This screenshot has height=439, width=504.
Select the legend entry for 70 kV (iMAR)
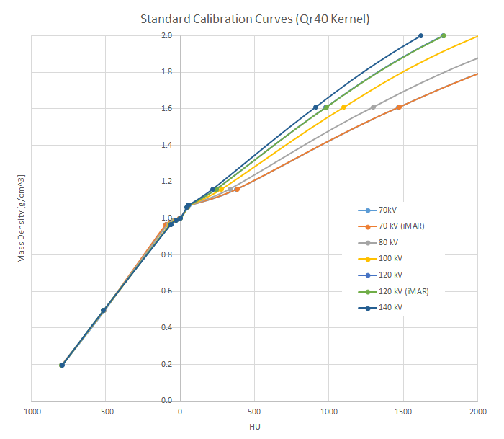click(x=401, y=226)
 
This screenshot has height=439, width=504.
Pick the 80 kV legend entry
click(x=388, y=242)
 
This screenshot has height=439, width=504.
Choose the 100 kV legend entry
click(x=390, y=259)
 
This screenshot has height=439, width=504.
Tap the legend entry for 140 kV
click(x=390, y=307)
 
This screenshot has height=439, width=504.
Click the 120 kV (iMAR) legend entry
click(x=402, y=291)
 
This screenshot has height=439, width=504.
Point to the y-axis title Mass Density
click(x=21, y=218)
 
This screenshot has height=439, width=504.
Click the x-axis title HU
click(x=255, y=427)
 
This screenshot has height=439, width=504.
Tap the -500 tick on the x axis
click(x=105, y=412)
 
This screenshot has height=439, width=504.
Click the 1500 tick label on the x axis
click(x=403, y=412)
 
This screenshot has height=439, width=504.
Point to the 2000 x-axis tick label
click(x=477, y=412)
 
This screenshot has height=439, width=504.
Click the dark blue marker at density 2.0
click(x=420, y=35)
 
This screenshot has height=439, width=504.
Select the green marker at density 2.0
click(x=444, y=35)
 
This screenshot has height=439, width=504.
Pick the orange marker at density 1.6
click(x=399, y=107)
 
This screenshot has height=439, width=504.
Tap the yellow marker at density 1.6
click(x=343, y=107)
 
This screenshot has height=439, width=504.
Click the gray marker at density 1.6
click(x=373, y=107)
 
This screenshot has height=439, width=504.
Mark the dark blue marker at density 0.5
click(x=104, y=310)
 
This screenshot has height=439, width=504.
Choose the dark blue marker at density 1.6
click(x=315, y=107)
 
